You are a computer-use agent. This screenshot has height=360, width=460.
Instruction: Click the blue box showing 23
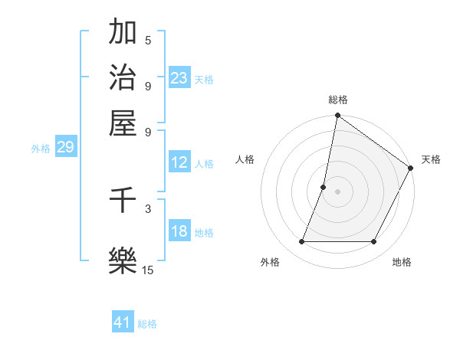click(x=179, y=77)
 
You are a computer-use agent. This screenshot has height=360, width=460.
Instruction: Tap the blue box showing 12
click(x=179, y=162)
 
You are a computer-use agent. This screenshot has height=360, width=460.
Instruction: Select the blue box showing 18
click(x=179, y=231)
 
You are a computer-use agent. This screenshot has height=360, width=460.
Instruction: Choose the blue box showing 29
click(x=65, y=147)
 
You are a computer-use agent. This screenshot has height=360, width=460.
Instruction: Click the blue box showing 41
click(x=123, y=322)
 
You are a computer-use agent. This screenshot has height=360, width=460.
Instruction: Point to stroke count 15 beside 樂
click(x=148, y=270)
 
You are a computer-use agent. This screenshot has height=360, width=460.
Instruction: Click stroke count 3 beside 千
click(x=148, y=208)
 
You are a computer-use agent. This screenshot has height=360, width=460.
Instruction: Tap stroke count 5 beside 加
click(x=148, y=41)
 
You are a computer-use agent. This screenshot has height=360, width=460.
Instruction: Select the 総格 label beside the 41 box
click(x=147, y=324)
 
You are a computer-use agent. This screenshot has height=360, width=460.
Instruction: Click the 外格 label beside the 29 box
click(x=41, y=149)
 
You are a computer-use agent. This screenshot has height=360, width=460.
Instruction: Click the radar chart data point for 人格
click(x=324, y=187)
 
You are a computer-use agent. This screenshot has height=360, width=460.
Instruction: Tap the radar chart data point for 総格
click(x=337, y=116)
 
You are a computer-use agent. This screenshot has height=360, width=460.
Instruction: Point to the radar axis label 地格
click(x=402, y=263)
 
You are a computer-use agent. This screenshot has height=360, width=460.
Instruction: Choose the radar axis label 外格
click(x=270, y=263)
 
